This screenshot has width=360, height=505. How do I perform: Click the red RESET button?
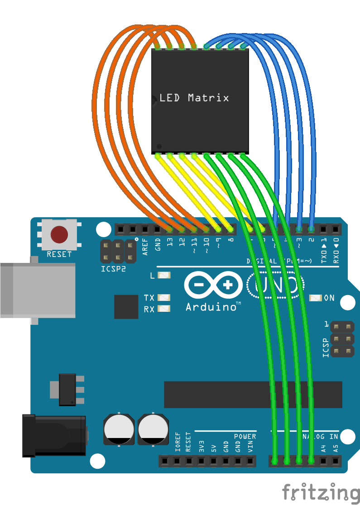click(x=59, y=235)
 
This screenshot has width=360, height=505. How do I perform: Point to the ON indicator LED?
click(x=316, y=298)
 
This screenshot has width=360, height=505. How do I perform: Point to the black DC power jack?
click(x=53, y=436)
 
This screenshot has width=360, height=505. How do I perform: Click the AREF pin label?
click(x=145, y=248)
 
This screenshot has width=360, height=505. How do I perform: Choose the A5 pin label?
click(x=335, y=448)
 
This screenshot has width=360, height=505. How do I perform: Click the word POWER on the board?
click(x=245, y=437)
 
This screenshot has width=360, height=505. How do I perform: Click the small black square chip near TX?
click(x=126, y=306)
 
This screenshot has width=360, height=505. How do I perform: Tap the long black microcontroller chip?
click(x=253, y=394)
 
